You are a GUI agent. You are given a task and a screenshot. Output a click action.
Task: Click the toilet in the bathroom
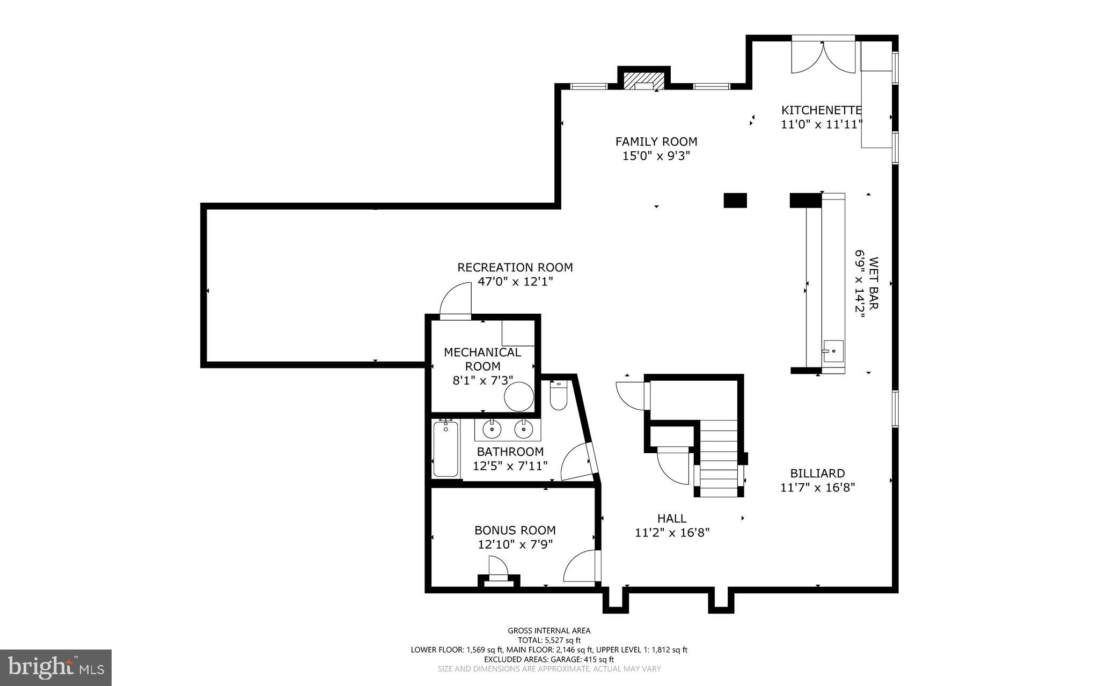point(558,396)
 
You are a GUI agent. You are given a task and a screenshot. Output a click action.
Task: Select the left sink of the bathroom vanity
point(492,429)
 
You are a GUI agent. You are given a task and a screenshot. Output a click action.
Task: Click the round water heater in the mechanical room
point(519,397)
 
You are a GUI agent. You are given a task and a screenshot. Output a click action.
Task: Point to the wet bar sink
point(833,351)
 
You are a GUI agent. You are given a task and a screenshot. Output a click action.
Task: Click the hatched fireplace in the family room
point(644,79)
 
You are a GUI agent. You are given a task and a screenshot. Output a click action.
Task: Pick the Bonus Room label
point(515,530)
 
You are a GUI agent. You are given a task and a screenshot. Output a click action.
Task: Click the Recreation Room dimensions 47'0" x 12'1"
point(515,282)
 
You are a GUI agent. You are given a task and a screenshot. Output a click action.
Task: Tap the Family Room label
point(656,142)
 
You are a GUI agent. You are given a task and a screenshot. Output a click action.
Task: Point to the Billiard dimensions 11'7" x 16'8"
point(817,488)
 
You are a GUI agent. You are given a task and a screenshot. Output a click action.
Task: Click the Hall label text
point(672,519)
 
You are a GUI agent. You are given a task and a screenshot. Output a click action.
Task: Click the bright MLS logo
point(56,667)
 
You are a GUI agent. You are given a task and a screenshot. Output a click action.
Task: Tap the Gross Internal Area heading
point(549,631)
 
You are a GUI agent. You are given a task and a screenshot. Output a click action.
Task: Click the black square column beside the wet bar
point(735,200)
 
